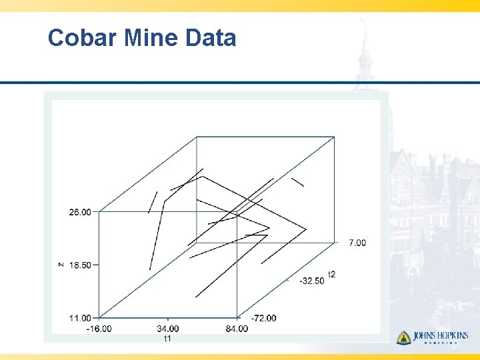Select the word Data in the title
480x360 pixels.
point(211,38)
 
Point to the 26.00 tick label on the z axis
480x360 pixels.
point(80,212)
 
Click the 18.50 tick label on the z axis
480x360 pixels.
point(80,265)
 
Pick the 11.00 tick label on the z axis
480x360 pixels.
point(80,318)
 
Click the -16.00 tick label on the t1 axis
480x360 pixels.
point(99,328)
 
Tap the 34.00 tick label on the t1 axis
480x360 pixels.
point(168,328)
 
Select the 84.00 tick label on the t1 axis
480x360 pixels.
point(237,328)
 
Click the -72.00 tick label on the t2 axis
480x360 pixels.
point(263,318)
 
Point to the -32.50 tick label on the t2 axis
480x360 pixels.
point(312,281)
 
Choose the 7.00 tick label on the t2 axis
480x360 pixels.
point(357,243)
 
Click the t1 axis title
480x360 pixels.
point(168,338)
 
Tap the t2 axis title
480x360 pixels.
point(331,274)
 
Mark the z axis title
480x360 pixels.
point(61,265)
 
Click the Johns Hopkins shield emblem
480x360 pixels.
point(403,337)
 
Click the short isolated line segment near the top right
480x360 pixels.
point(297,181)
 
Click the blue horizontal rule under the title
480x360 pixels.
point(240,83)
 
